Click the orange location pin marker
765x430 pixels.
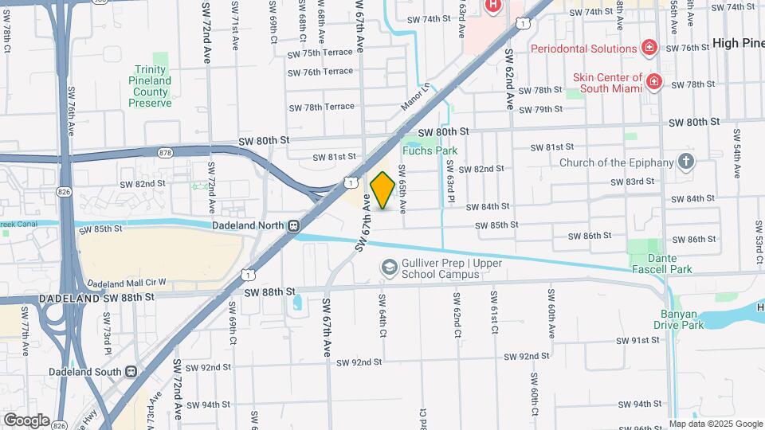(x=382, y=190)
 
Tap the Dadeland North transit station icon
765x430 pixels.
(x=294, y=225)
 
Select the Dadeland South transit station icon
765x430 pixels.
(x=131, y=371)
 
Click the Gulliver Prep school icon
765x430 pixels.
(x=388, y=268)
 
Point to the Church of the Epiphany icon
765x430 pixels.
(x=686, y=162)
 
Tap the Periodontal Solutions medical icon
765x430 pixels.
(x=649, y=48)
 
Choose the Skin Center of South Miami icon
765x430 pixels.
(x=653, y=82)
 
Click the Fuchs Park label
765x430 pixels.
(x=429, y=150)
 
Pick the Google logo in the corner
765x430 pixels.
(x=25, y=420)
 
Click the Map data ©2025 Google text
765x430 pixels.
(x=715, y=424)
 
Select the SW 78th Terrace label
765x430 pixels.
(x=321, y=107)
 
